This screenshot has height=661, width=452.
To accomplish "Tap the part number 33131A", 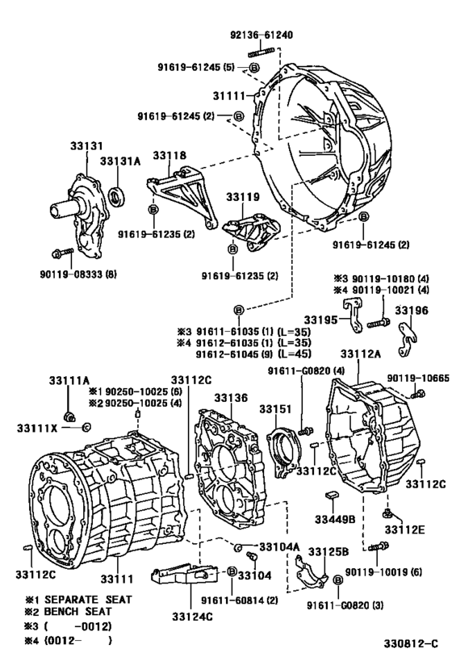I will click(120, 161).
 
